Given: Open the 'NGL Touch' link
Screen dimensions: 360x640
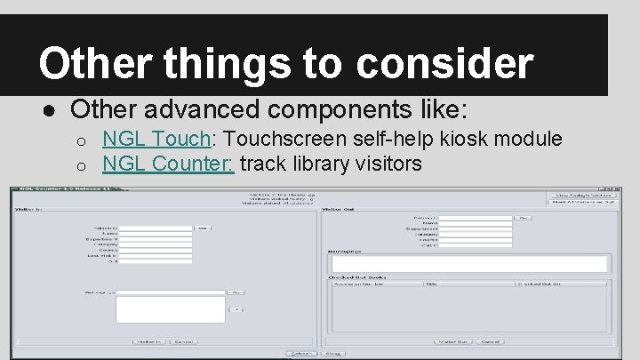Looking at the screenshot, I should coord(156,139).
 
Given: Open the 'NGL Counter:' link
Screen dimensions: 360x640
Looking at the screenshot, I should coord(168,164).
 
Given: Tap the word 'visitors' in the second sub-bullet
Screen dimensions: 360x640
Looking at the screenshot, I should coord(385,164).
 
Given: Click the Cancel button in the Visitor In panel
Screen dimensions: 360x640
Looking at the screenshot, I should coord(185,341).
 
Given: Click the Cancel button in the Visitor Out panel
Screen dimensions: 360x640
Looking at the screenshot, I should coord(489,341).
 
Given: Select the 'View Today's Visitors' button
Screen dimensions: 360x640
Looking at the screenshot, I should coord(582,195).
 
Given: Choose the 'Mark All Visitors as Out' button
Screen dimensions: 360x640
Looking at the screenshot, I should coord(582,204).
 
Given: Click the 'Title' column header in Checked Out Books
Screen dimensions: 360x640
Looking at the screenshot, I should coord(430,284).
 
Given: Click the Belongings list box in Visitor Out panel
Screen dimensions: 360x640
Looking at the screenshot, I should coord(468,263).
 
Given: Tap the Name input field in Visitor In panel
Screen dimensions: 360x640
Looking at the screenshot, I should coord(156,235).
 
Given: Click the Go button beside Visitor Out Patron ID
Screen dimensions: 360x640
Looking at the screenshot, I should coord(524,216).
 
